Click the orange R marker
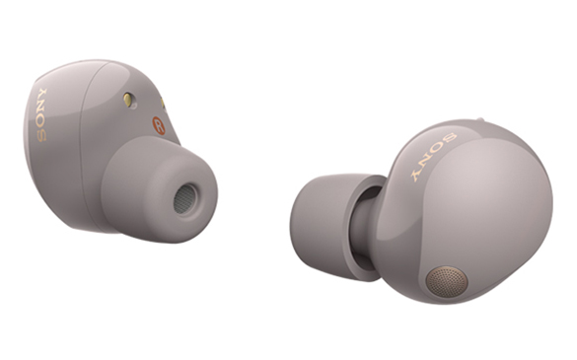(159, 125)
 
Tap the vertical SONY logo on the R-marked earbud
(41, 114)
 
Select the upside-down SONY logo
(433, 157)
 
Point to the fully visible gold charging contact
(127, 100)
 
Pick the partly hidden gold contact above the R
(163, 103)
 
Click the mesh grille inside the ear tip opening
(185, 199)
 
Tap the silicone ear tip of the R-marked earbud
(159, 189)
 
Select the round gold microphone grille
(447, 282)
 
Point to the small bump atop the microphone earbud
(479, 119)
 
